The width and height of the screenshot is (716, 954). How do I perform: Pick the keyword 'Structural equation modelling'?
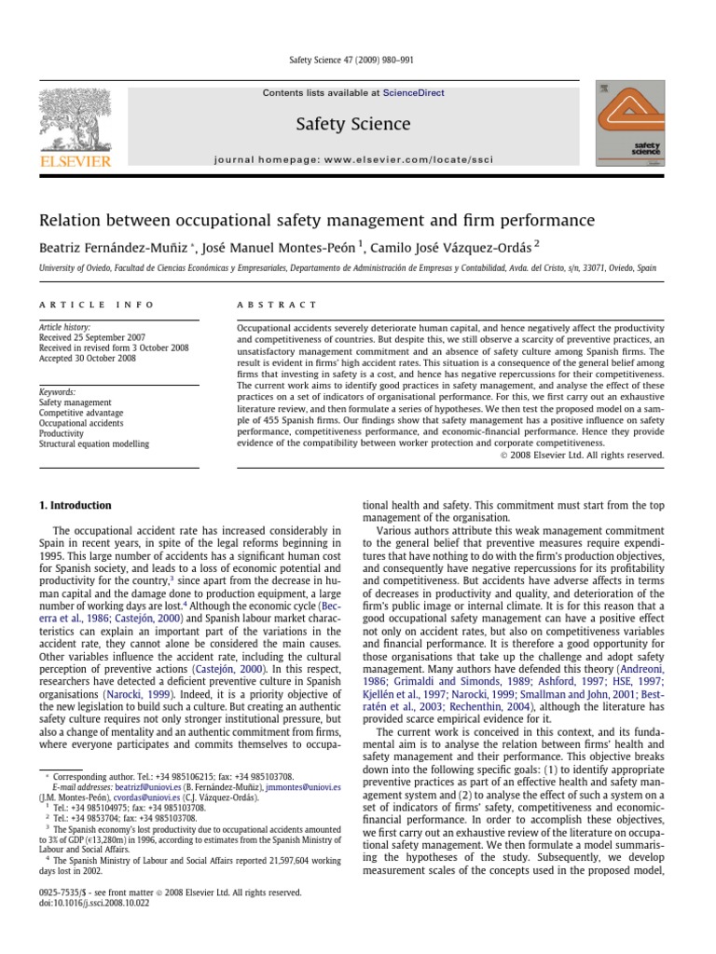(x=96, y=444)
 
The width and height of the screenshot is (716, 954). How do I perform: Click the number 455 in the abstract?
(x=268, y=422)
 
